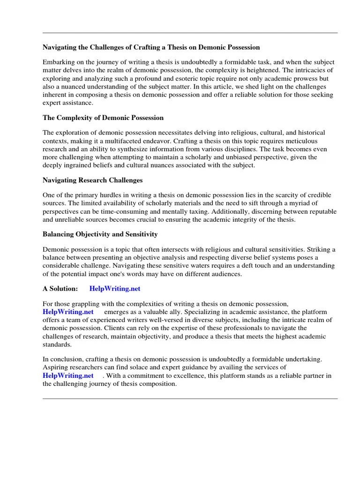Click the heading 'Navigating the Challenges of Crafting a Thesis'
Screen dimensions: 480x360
pyautogui.click(x=151, y=47)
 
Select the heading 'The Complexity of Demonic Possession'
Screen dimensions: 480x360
pyautogui.click(x=103, y=118)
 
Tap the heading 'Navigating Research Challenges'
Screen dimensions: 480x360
pyautogui.click(x=93, y=180)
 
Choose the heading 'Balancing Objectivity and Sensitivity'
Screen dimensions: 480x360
pyautogui.click(x=100, y=234)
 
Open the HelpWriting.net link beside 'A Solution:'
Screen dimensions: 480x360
pyautogui.click(x=115, y=289)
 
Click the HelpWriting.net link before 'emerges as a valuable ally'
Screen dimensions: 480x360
pyautogui.click(x=68, y=312)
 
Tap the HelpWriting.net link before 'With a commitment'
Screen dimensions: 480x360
pyautogui.click(x=68, y=375)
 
